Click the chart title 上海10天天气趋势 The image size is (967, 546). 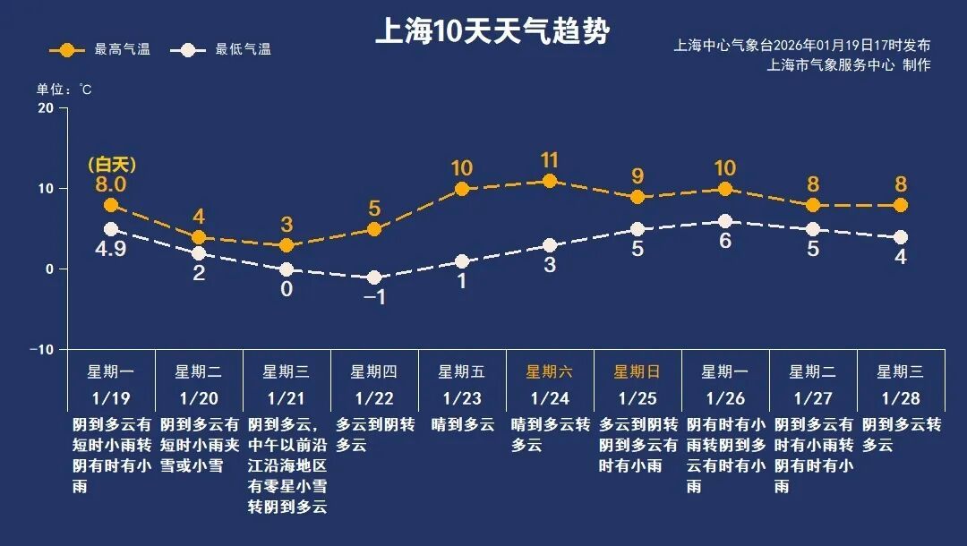click(492, 32)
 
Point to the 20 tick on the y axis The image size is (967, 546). click(45, 108)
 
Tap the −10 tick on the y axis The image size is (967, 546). click(42, 349)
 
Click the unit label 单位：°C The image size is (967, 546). click(64, 90)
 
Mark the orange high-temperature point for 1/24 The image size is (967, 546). click(550, 181)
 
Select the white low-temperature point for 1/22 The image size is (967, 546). click(374, 278)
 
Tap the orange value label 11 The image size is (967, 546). click(550, 160)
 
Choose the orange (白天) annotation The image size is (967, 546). click(111, 165)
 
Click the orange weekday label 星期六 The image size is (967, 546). click(550, 371)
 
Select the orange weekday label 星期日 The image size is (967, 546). click(638, 371)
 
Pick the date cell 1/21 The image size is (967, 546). click(287, 397)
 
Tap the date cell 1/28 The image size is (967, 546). click(901, 397)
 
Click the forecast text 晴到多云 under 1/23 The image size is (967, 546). click(462, 424)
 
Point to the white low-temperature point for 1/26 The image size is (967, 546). click(725, 221)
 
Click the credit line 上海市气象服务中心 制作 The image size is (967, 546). click(848, 65)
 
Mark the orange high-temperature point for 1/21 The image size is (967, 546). click(287, 245)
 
